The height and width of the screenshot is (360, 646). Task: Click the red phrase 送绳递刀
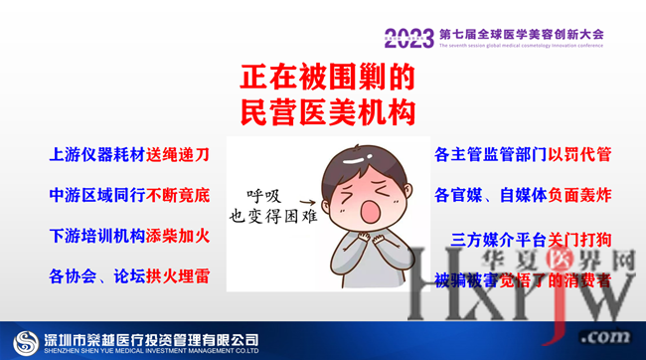179,155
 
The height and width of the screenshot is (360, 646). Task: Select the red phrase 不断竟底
179,195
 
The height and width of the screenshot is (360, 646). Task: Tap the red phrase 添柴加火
179,236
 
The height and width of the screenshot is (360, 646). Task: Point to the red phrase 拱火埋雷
179,275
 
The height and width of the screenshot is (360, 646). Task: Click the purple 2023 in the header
408,39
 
